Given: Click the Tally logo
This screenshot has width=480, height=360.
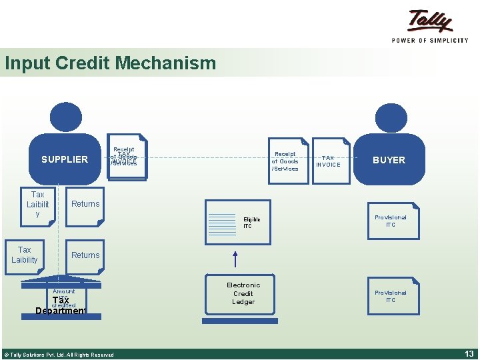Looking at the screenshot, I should pyautogui.click(x=431, y=21).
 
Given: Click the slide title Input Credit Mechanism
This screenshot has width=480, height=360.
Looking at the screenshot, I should pyautogui.click(x=110, y=63).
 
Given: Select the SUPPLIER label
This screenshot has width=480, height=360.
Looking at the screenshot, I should pyautogui.click(x=65, y=159).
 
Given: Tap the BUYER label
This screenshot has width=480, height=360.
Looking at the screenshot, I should pyautogui.click(x=389, y=160).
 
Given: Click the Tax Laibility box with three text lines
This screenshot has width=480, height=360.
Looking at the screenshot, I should pyautogui.click(x=38, y=204).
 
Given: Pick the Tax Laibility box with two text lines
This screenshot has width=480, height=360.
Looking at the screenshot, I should pyautogui.click(x=25, y=255).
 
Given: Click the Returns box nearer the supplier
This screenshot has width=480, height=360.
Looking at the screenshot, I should pyautogui.click(x=85, y=204).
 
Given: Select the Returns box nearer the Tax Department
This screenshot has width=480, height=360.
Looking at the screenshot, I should pyautogui.click(x=85, y=255).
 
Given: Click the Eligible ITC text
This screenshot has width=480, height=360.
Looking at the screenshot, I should pyautogui.click(x=252, y=223).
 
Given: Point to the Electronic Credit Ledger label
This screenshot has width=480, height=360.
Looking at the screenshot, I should pyautogui.click(x=243, y=293).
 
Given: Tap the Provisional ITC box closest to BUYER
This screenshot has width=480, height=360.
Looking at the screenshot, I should pyautogui.click(x=391, y=221).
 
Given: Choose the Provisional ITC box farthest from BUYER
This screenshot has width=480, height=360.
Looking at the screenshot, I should pyautogui.click(x=391, y=297).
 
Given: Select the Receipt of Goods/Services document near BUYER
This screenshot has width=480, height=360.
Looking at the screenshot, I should pyautogui.click(x=285, y=161).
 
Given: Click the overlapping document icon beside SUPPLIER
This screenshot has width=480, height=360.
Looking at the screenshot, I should pyautogui.click(x=125, y=158).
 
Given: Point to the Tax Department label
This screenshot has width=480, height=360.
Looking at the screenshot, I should pyautogui.click(x=61, y=306).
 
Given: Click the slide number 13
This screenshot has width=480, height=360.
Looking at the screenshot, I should pyautogui.click(x=468, y=354).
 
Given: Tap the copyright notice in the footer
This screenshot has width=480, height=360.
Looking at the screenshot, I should pyautogui.click(x=59, y=355).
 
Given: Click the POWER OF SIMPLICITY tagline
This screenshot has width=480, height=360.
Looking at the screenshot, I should pyautogui.click(x=430, y=40).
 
